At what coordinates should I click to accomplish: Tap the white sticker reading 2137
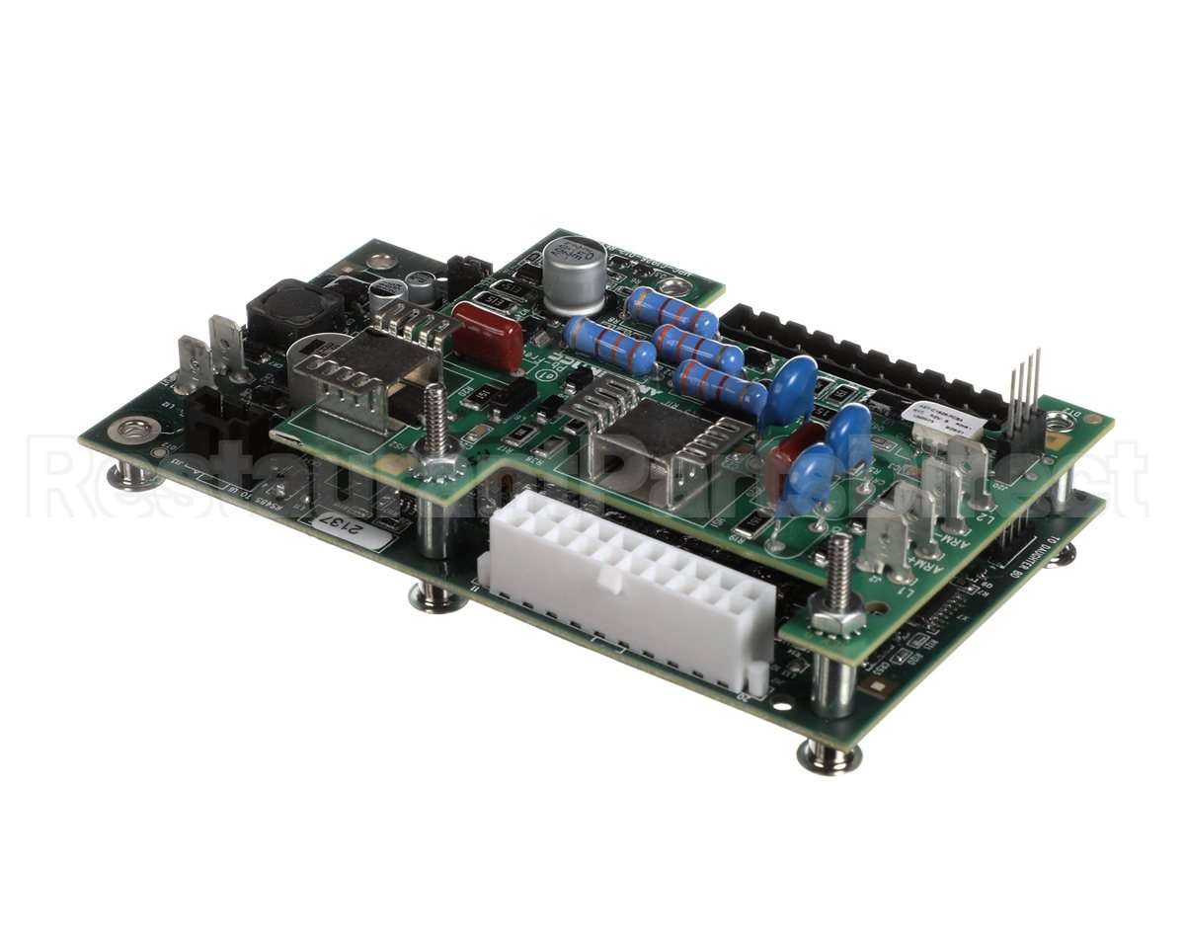coord(352,533)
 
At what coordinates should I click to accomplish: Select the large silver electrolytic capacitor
coord(574,274)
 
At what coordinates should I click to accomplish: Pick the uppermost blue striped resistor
coord(672,312)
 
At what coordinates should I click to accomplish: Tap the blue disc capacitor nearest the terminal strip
coord(793,387)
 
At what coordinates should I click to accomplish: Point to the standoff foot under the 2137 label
coord(437,596)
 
